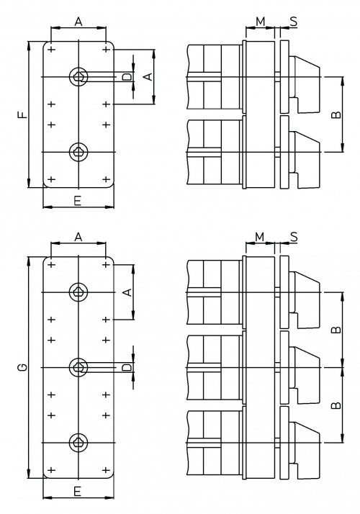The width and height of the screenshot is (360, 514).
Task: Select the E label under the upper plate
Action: pos(77,201)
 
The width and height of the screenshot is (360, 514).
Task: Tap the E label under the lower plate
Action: pos(77,491)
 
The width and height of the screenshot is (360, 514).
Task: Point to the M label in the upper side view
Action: pos(260,22)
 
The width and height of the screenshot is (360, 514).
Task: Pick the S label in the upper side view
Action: pos(294,22)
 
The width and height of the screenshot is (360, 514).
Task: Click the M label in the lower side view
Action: pos(259,236)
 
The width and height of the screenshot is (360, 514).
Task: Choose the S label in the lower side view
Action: pos(294,236)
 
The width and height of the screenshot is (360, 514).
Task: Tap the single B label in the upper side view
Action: pos(336,114)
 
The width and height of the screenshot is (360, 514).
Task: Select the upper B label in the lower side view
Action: pos(336,330)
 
